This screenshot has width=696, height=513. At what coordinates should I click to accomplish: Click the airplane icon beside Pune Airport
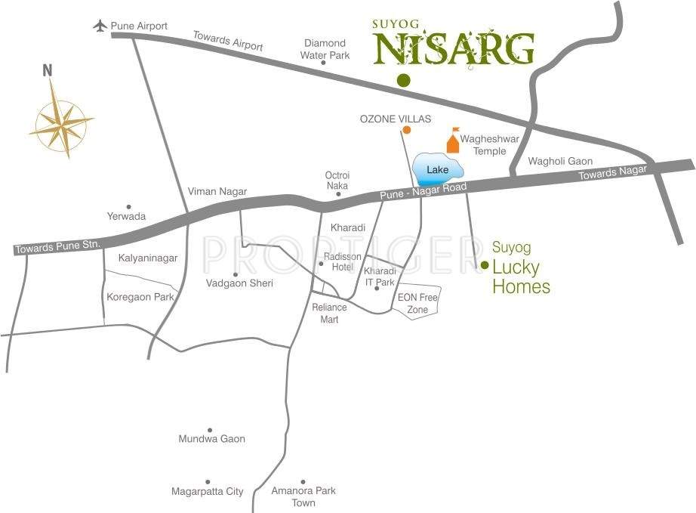pos(100,25)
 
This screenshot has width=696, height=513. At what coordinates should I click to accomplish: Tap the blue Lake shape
pos(436,170)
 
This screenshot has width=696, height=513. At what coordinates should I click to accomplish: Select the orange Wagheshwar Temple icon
pos(453,141)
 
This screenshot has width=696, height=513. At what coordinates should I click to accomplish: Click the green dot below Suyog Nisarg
pos(404,80)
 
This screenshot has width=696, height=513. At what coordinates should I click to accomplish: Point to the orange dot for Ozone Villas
pos(406,130)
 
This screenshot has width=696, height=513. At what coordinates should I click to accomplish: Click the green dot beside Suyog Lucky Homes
pos(485,264)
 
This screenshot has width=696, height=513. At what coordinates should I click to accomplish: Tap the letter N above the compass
pos(48,71)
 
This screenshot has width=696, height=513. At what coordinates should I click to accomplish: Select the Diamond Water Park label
pos(325,49)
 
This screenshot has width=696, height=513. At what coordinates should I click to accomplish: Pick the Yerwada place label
pos(126,216)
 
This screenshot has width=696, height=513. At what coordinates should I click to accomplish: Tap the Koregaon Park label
pos(140,297)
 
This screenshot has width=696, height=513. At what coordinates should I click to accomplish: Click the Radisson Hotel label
pos(343,262)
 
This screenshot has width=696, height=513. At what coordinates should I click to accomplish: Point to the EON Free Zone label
pos(417,304)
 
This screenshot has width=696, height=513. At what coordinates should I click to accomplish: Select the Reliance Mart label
pos(329,314)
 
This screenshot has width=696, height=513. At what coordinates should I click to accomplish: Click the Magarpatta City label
pos(207,492)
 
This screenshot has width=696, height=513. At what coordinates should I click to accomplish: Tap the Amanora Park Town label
pos(303,496)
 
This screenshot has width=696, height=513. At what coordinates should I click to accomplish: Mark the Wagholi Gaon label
pos(560,161)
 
